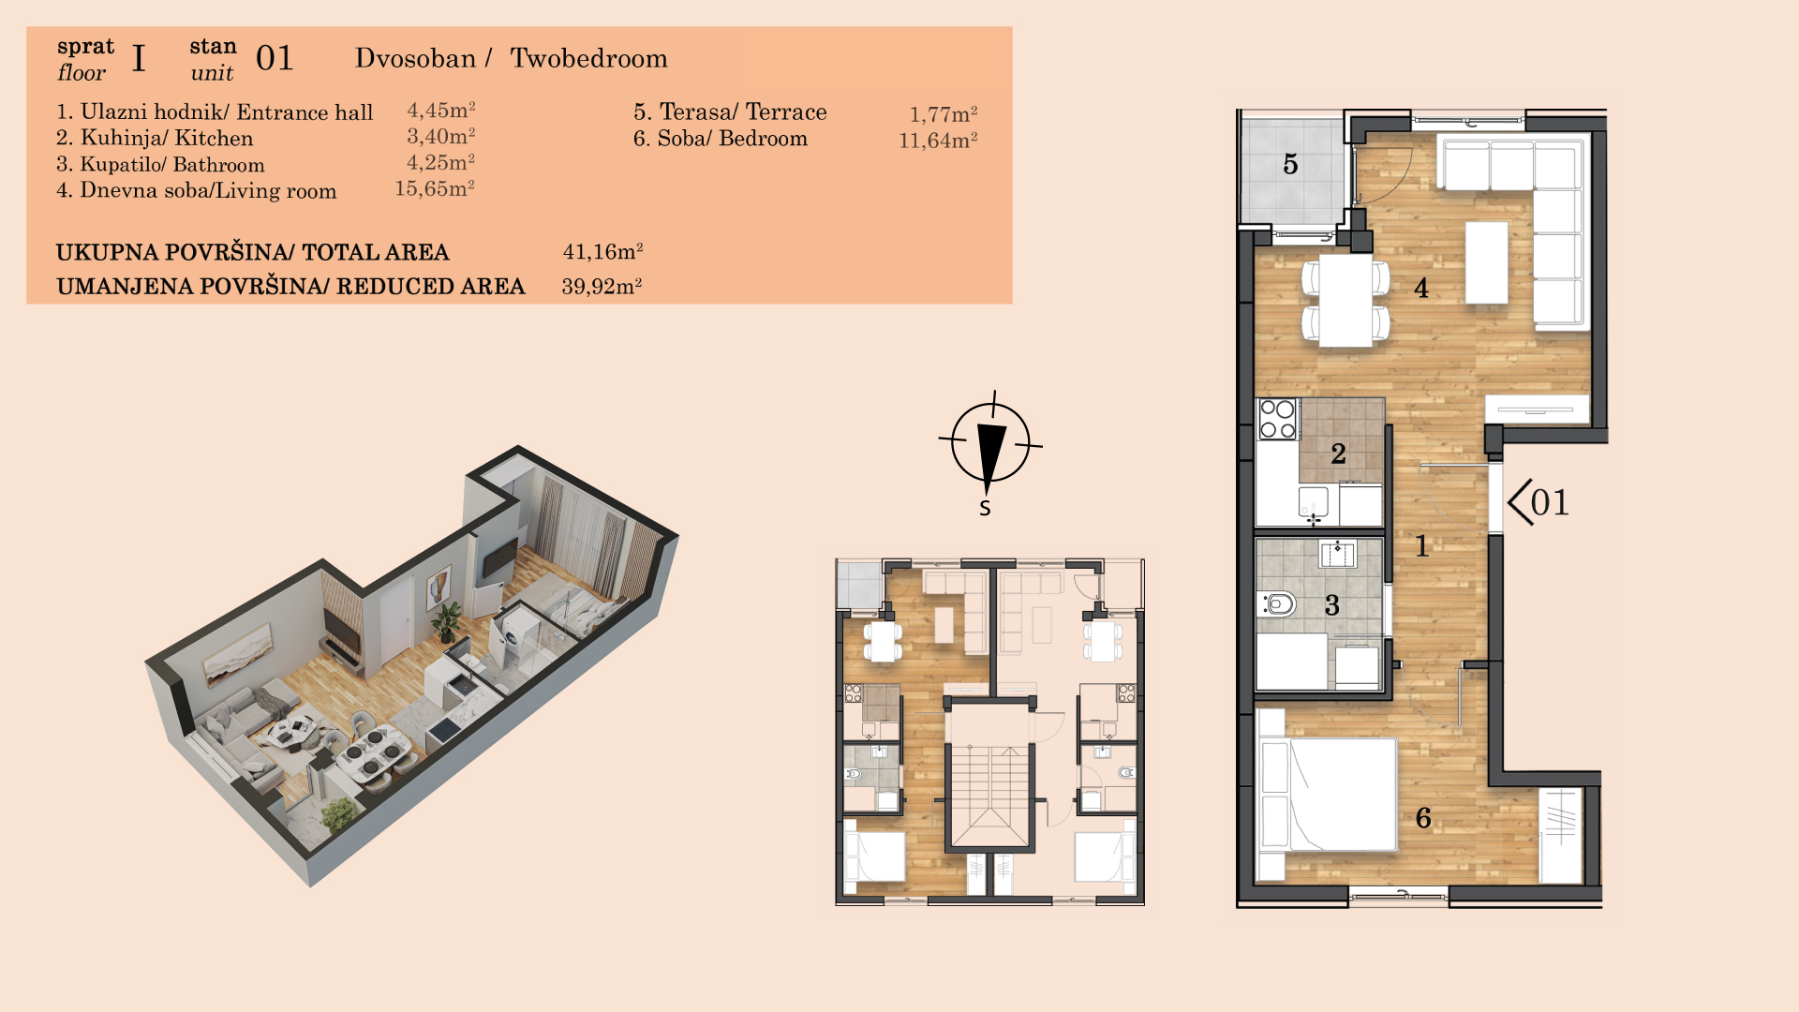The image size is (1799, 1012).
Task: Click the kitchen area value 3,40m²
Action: point(440,137)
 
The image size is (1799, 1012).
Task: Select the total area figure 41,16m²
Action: point(602,251)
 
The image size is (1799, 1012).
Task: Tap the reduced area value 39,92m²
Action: point(602,286)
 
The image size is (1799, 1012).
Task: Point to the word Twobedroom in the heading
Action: point(588,58)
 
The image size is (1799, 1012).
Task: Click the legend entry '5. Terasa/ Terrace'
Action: point(730,112)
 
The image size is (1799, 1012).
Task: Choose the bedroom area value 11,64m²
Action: point(938,141)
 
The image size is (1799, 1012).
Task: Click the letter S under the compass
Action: point(985,508)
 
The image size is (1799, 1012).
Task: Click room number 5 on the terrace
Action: point(1290,165)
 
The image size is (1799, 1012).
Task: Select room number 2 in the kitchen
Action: point(1338,454)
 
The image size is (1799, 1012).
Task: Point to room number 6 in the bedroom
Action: point(1423,818)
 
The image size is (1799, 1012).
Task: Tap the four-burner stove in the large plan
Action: point(1277,419)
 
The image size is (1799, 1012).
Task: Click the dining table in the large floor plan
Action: point(1346,300)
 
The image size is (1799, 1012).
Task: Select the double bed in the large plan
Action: point(1329,795)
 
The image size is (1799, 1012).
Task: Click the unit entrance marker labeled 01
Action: point(1539,502)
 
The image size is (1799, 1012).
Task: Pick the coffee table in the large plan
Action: point(1487,262)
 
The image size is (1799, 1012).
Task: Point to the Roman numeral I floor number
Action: point(139,59)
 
